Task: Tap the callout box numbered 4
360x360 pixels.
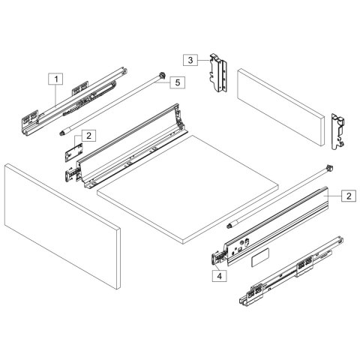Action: point(218,276)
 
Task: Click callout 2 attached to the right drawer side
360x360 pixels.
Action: point(349,196)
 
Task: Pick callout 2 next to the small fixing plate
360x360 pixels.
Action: point(88,136)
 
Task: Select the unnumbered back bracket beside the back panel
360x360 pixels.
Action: point(338,130)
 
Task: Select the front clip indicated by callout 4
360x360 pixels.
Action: point(215,258)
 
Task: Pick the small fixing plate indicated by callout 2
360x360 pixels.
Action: point(73,151)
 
